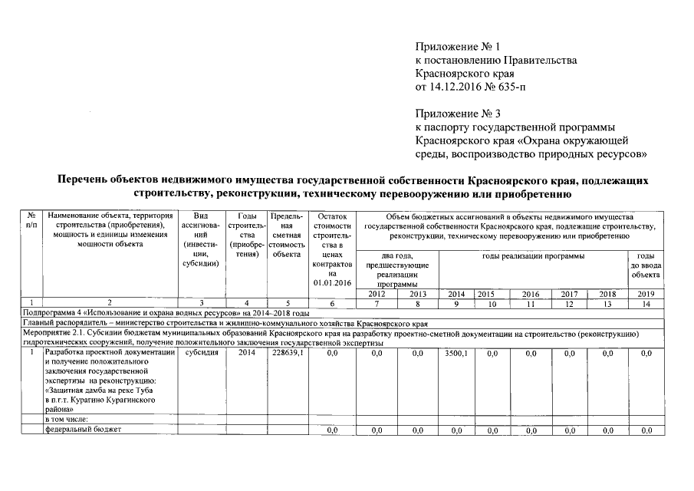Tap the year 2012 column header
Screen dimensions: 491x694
coord(377,294)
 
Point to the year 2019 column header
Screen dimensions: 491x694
coord(646,294)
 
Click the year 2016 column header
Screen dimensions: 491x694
coord(531,294)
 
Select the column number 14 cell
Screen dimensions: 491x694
coord(646,304)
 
